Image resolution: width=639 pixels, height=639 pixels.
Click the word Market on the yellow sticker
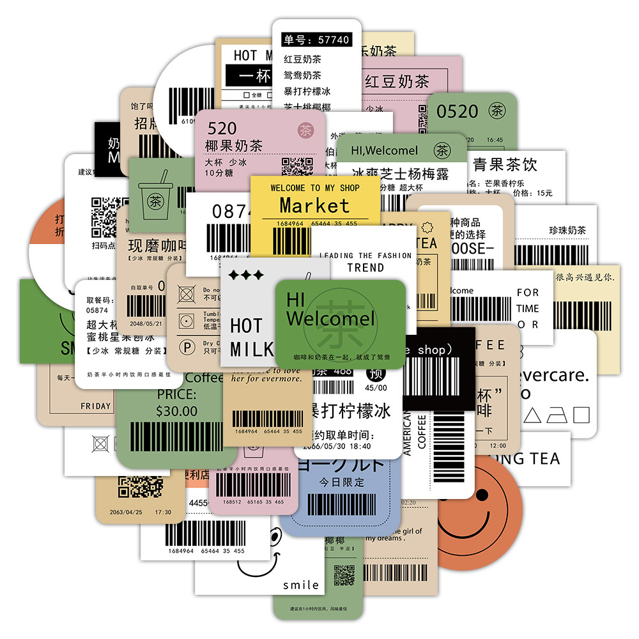315,206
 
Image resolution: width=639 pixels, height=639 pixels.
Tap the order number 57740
326,40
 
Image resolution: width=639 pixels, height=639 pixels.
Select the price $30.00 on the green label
177,411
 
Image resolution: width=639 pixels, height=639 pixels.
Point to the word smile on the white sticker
301,585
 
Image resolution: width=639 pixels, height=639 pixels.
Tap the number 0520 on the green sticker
457,111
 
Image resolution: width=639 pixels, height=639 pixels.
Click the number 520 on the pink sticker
222,128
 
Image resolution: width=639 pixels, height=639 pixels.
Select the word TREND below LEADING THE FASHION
366,268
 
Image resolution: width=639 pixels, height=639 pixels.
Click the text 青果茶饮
505,164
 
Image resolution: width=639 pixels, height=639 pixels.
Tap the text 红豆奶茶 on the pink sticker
396,82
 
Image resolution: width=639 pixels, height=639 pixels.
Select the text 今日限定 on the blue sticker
343,482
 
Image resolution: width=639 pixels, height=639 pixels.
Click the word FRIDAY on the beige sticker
95,406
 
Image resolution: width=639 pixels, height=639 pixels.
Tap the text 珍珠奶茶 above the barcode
567,231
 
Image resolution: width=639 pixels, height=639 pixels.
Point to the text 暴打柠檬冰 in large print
350,410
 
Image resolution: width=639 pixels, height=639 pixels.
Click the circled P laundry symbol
187,347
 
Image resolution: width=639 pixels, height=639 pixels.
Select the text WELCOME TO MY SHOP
315,188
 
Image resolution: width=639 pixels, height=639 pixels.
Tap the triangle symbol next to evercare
532,416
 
